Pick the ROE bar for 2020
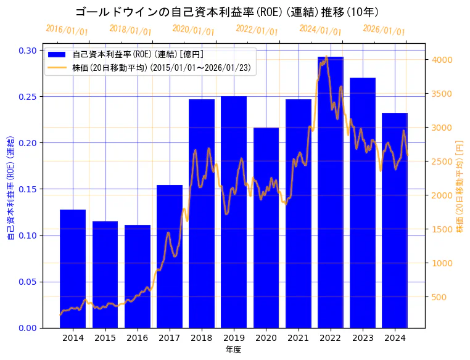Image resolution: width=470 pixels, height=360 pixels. click(x=266, y=227)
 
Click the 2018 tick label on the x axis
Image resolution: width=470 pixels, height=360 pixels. click(x=202, y=338)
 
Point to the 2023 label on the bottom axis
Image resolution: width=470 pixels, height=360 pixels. click(x=363, y=338)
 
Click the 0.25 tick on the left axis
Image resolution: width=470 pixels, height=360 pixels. click(x=27, y=97)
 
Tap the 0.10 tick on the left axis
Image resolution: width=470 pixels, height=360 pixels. click(x=27, y=235)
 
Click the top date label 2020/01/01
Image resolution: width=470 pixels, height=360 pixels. click(x=193, y=30)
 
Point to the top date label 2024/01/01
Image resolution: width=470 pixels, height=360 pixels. click(x=320, y=30)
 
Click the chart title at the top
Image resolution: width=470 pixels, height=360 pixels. click(x=227, y=12)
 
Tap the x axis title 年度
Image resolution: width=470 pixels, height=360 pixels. click(x=233, y=350)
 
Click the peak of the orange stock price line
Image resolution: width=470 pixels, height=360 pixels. click(x=326, y=57)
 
